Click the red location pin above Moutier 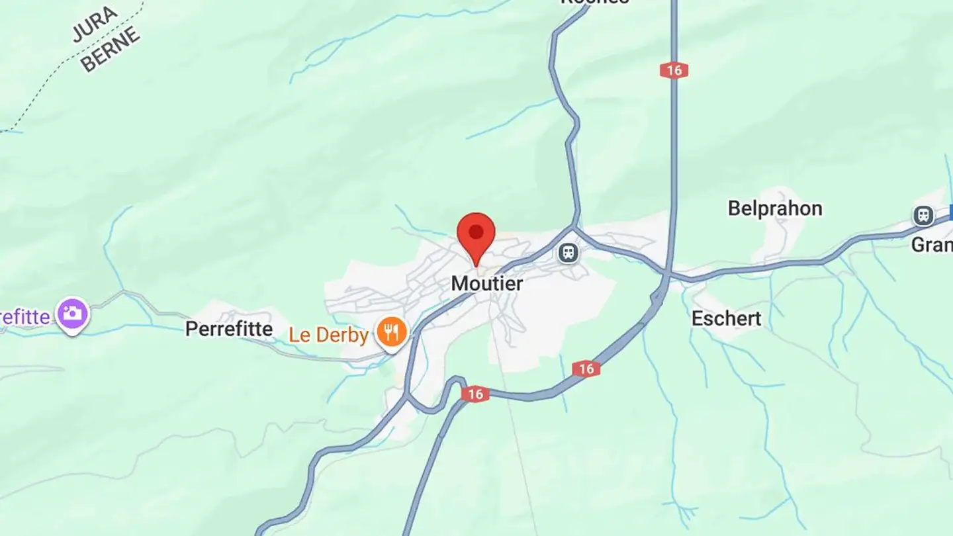click(x=476, y=235)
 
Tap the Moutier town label click(x=487, y=284)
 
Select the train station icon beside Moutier click(x=568, y=252)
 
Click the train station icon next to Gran click(x=923, y=215)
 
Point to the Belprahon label click(x=775, y=209)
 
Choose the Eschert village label click(x=726, y=318)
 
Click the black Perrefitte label click(x=229, y=329)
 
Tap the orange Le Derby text click(x=328, y=335)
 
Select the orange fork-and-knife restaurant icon click(x=392, y=332)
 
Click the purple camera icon click(x=73, y=314)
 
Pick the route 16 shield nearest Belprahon click(x=673, y=70)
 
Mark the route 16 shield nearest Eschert click(x=586, y=369)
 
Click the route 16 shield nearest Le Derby click(x=475, y=394)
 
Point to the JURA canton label click(x=95, y=24)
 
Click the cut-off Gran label click(x=932, y=245)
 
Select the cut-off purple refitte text click(x=25, y=317)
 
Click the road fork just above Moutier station click(x=574, y=227)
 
